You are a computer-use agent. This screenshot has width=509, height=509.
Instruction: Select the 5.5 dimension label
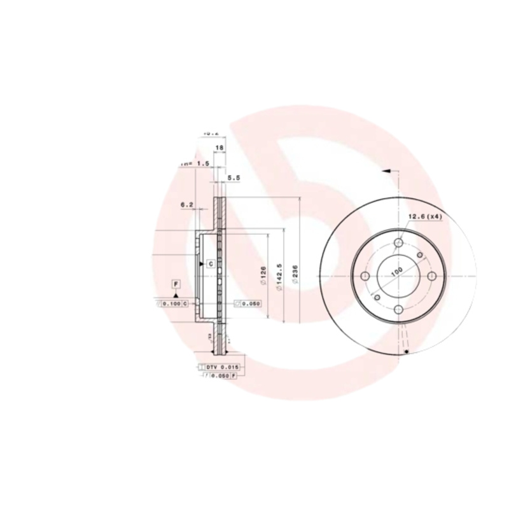pos(233,179)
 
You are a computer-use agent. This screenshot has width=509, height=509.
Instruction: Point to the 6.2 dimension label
pos(187,205)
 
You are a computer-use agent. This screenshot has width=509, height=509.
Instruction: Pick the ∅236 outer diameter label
pos(295,274)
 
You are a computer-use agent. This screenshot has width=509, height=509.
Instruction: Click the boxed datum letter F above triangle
pos(176,283)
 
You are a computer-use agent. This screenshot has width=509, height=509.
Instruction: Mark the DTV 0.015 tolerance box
pos(218,368)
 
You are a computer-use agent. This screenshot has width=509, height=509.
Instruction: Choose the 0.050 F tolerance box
pos(221,377)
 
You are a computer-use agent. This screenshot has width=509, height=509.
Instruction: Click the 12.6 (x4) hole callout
pos(424,217)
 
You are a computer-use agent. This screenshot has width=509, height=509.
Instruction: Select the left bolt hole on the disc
pos(366,276)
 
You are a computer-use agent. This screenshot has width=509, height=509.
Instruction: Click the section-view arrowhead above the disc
pos(386,171)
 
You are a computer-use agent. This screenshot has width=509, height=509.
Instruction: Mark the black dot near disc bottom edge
pos(406,352)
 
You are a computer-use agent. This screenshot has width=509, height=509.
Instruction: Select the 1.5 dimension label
pos(202,164)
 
